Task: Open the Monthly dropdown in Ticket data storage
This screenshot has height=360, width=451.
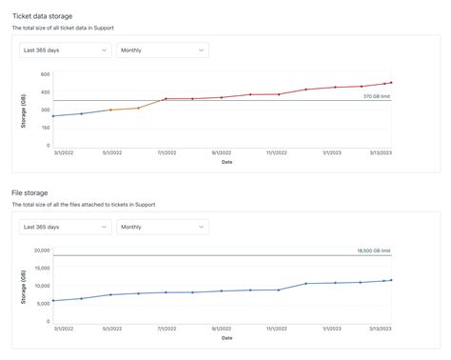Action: pos(162,50)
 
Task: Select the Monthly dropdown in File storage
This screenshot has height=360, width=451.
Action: pos(162,228)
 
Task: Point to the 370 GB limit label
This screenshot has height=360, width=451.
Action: pos(377,96)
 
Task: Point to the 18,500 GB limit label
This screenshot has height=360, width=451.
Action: pos(373,250)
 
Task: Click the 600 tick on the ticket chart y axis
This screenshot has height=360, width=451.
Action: pos(45,73)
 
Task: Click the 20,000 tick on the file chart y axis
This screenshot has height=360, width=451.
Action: pos(40,250)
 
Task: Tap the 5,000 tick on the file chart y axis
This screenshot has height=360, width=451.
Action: pos(42,304)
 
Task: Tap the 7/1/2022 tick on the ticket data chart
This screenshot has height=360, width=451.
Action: pos(166,152)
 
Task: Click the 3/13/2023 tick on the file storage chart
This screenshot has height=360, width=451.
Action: pos(384,330)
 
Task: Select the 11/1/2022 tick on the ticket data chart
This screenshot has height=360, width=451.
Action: pos(277,152)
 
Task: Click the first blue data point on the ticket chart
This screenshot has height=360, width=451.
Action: pos(53,116)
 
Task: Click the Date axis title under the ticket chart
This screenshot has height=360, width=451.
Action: pos(226,161)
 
